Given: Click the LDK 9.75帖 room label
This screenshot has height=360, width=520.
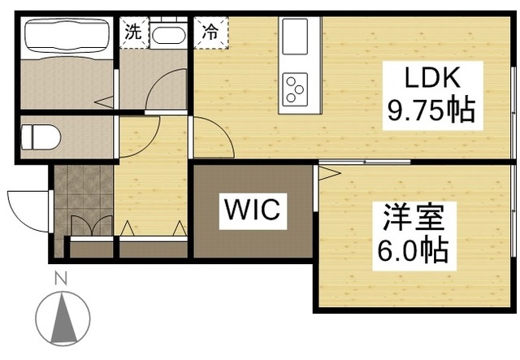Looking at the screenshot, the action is [x=432, y=96].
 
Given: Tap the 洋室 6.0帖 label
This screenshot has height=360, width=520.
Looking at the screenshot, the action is [x=414, y=236].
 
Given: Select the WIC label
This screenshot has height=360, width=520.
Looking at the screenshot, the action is [x=253, y=211].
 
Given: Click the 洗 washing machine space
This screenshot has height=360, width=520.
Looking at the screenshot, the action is [x=134, y=33].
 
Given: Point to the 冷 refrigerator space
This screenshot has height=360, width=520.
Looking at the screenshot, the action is [x=211, y=33].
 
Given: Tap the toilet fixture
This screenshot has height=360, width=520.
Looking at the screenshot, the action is [x=41, y=137].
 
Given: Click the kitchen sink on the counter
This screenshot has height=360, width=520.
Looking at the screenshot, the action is [x=295, y=37].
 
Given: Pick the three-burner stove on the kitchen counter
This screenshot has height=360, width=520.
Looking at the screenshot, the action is [x=295, y=89].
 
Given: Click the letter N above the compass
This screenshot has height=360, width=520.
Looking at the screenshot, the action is [x=61, y=278].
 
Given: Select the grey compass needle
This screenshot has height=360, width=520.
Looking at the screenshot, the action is [x=63, y=318].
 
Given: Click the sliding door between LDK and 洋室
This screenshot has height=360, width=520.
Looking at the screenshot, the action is [x=365, y=162].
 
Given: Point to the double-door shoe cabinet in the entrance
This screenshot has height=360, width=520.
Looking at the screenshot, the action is [x=92, y=226].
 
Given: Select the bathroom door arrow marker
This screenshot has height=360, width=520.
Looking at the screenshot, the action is [x=104, y=102].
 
